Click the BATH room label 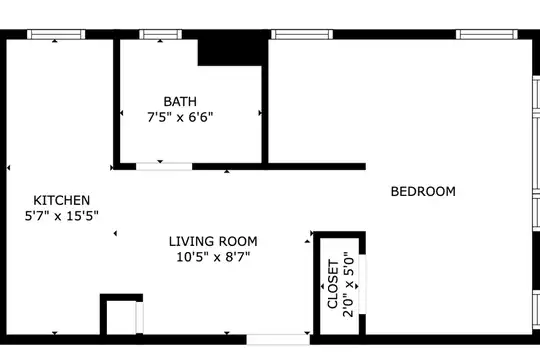tap(180, 102)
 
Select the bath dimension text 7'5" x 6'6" tap(180, 117)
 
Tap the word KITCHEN tap(62, 200)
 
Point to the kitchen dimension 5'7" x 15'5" tap(62, 216)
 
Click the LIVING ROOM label tap(213, 241)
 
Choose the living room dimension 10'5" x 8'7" tap(213, 257)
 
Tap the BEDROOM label tap(423, 191)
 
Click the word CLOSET tap(333, 284)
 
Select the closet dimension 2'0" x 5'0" tap(348, 284)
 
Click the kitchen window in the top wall tap(56, 34)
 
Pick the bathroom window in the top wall tap(160, 34)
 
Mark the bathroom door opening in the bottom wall tap(164, 167)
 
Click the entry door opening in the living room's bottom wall tap(278, 339)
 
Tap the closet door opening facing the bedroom tap(362, 284)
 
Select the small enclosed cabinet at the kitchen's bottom tap(121, 314)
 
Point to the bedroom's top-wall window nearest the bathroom tap(302, 34)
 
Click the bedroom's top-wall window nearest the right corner tap(487, 34)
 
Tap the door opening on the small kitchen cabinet tap(139, 317)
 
